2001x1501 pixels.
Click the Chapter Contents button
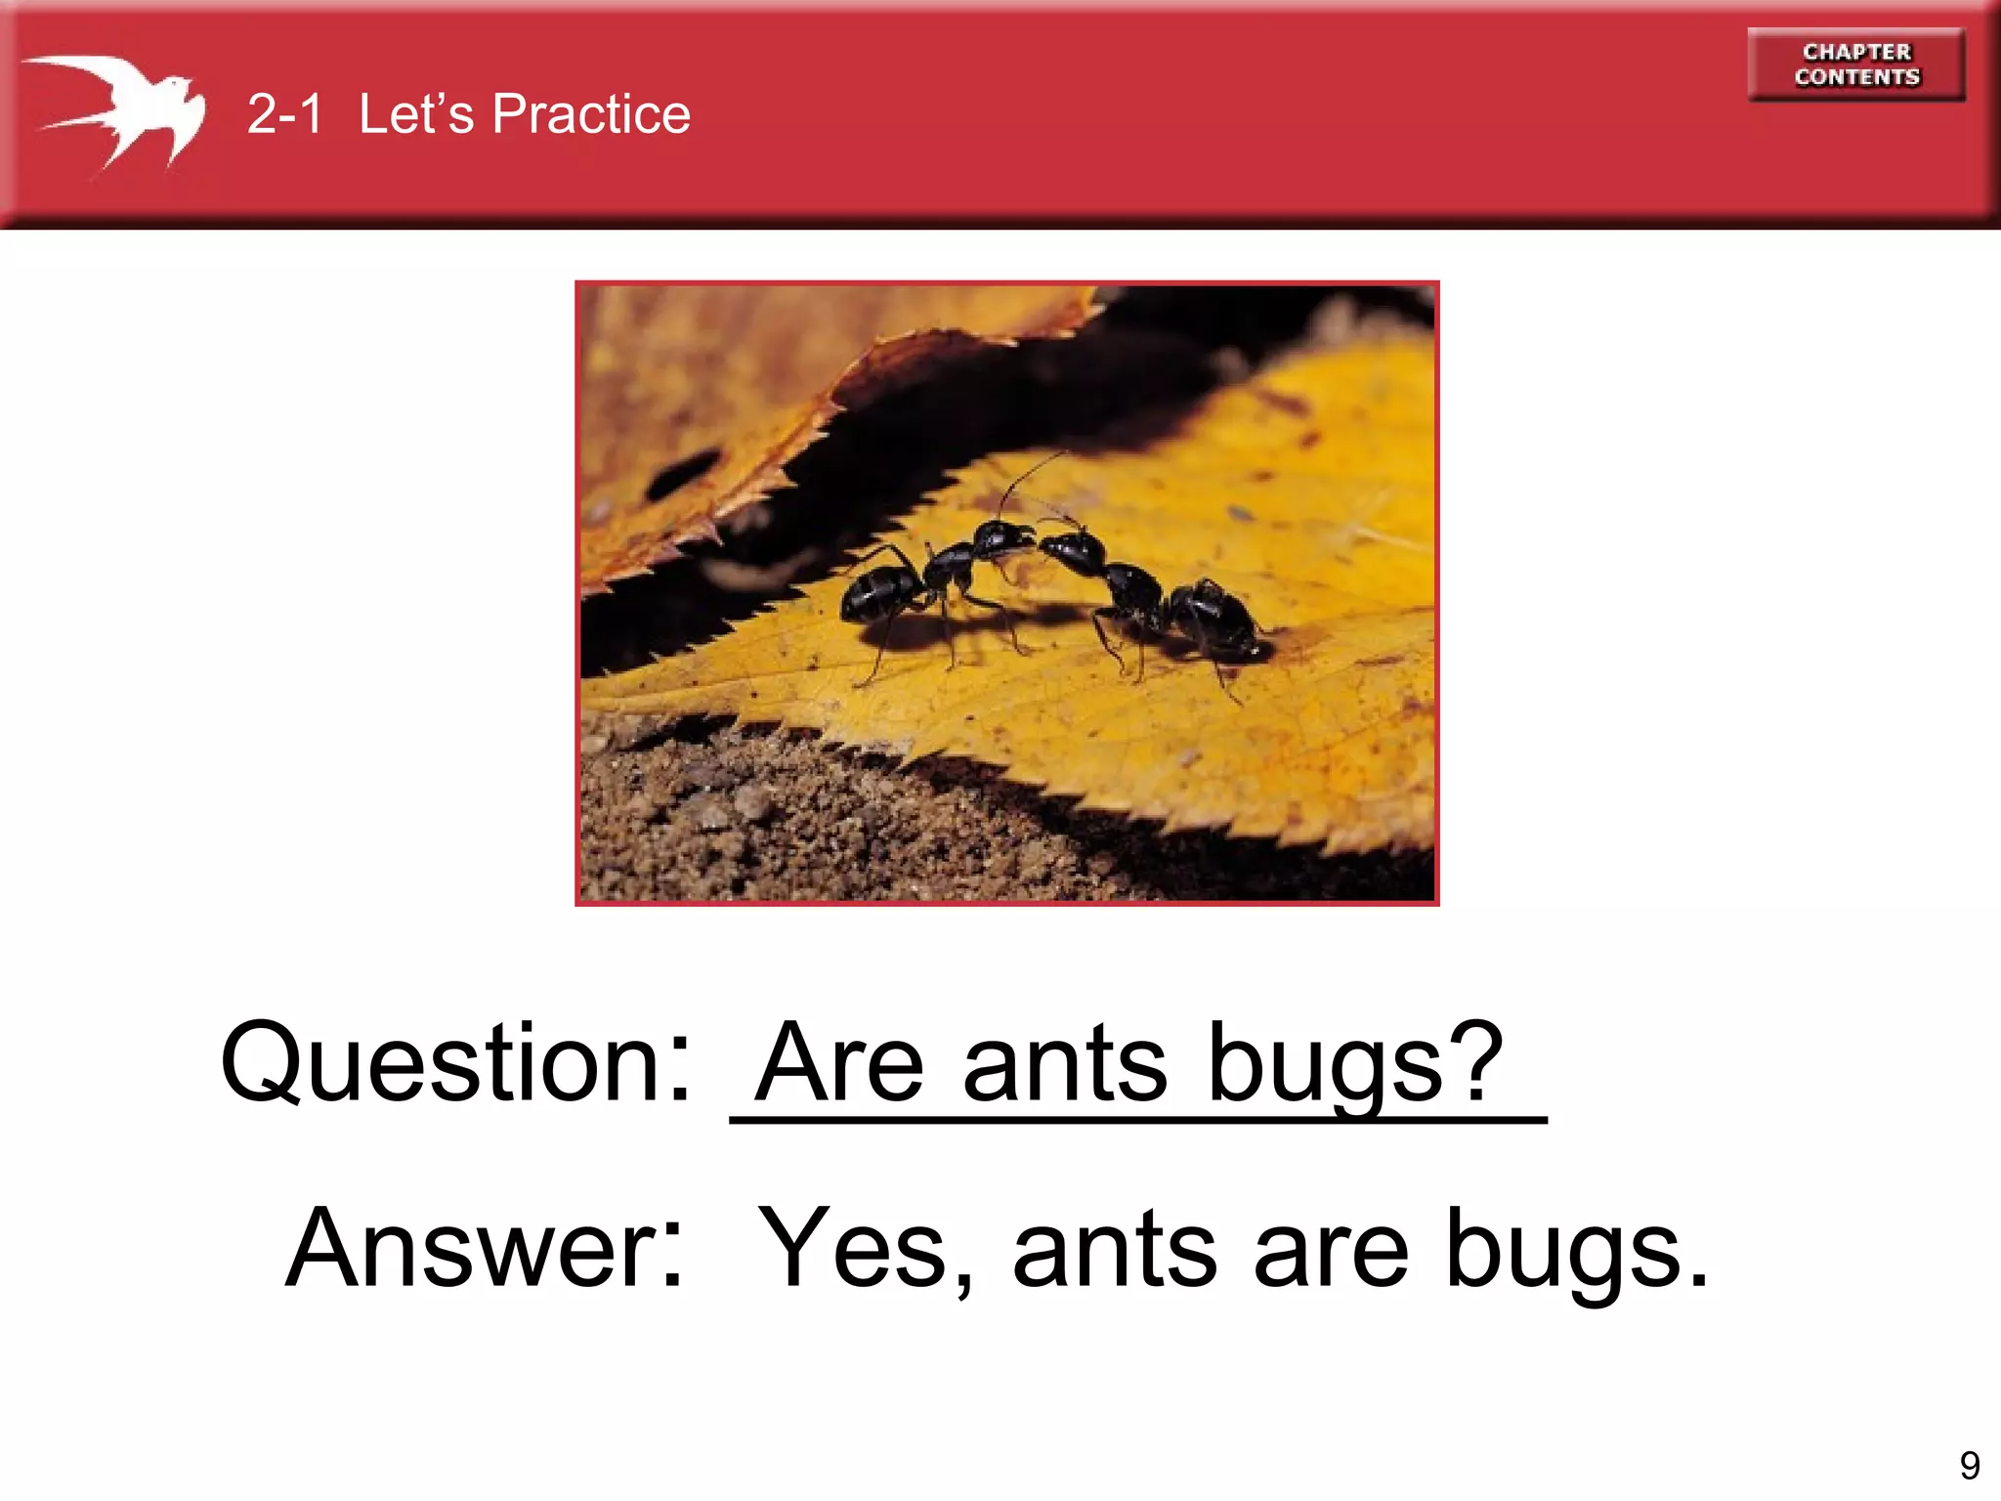[1855, 64]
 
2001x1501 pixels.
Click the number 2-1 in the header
[284, 114]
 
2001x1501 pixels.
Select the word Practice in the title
[591, 114]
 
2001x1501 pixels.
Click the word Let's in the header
[415, 114]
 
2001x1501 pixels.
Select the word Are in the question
[840, 1063]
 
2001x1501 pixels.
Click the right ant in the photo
[1153, 596]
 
